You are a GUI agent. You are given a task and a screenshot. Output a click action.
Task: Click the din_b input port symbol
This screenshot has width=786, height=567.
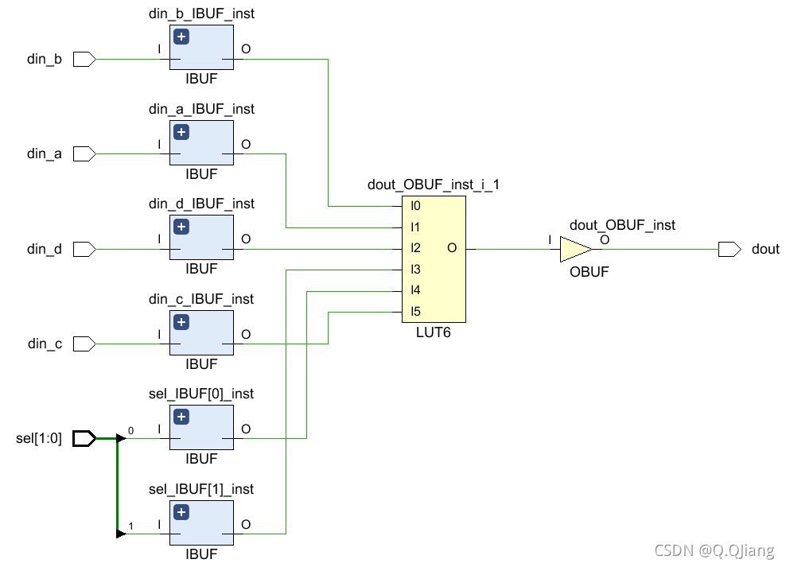[84, 59]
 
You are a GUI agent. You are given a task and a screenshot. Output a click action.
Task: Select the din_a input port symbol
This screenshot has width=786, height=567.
[84, 153]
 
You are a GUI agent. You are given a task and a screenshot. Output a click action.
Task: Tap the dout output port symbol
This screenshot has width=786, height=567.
[729, 249]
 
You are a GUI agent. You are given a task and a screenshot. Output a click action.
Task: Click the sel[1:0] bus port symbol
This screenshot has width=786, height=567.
[84, 438]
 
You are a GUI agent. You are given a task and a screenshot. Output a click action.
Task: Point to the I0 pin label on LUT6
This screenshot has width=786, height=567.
[415, 206]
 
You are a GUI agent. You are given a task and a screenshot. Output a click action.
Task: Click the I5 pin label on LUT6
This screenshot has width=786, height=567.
[415, 312]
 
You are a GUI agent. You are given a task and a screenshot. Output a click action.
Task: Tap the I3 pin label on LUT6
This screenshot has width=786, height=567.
[415, 270]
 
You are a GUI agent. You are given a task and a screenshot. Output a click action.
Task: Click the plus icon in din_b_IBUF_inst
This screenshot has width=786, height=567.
[181, 37]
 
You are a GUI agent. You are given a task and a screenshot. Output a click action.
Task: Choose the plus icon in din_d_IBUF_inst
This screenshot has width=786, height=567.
[181, 227]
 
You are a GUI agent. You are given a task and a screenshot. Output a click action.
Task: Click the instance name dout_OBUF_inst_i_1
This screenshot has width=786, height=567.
[433, 184]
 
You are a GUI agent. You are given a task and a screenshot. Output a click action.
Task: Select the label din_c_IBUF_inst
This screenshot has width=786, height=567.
[201, 299]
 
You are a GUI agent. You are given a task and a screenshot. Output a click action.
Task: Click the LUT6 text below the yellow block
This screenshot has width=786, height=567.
[433, 333]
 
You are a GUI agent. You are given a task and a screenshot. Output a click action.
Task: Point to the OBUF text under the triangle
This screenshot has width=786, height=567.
[589, 272]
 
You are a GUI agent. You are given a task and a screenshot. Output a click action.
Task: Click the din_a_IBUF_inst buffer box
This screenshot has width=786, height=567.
[201, 143]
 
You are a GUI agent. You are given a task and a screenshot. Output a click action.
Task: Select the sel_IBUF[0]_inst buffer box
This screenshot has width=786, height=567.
[201, 428]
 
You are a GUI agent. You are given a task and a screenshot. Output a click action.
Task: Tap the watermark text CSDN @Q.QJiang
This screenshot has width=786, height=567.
[714, 550]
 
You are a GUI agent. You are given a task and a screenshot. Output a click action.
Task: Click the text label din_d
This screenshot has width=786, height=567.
[45, 249]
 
